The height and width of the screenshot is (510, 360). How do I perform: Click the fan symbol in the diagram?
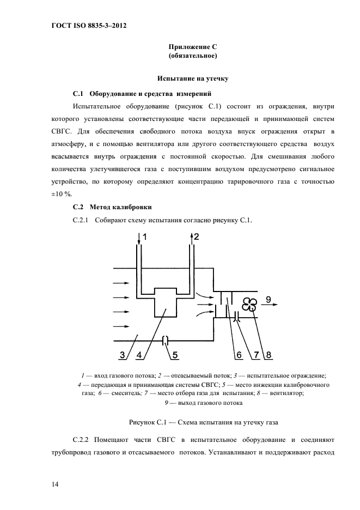tap(249, 305)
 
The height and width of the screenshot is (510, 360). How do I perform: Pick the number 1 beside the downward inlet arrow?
tap(145, 236)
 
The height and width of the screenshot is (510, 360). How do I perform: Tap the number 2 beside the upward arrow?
tap(197, 236)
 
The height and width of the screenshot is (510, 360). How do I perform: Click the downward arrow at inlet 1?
tap(139, 238)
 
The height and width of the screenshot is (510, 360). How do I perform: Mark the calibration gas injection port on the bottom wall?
tap(167, 341)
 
